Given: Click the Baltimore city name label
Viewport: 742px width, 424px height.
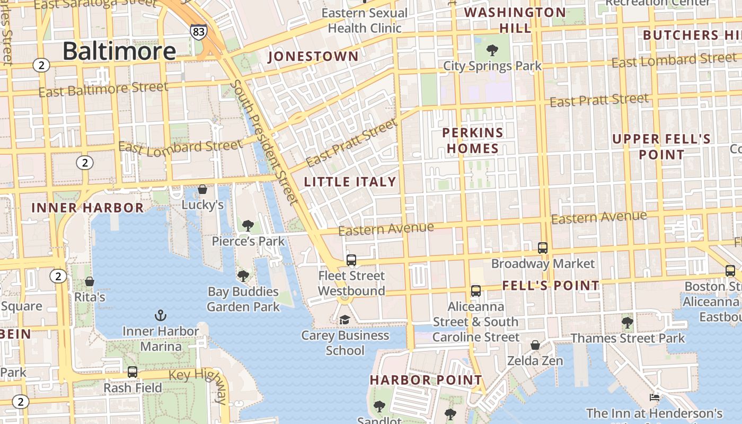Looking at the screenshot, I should click(x=119, y=51).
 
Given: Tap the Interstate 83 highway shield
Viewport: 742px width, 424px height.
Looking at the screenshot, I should click(x=198, y=32).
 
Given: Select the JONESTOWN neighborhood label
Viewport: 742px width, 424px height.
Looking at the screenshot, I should click(x=314, y=56).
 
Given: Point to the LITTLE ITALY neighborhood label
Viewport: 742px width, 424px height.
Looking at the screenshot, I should click(x=350, y=182).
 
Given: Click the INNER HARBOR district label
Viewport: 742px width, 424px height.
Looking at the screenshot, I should click(x=87, y=208).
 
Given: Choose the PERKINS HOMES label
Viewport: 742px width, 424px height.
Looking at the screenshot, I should click(x=473, y=140).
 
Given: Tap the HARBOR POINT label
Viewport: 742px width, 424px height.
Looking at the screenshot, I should click(x=426, y=380).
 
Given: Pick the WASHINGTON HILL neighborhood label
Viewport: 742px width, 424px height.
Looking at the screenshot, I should click(x=515, y=20).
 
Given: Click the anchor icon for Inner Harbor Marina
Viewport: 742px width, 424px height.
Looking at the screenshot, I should click(x=160, y=316).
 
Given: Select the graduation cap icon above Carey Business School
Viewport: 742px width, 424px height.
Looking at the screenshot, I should click(x=345, y=320).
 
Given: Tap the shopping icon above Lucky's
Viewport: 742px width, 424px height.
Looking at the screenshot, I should click(x=202, y=189).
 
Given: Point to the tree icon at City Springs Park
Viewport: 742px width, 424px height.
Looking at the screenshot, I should click(x=492, y=51).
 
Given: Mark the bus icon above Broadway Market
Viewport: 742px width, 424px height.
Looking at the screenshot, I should click(x=543, y=248).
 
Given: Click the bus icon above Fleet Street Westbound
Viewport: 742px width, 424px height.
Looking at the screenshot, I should click(x=351, y=260).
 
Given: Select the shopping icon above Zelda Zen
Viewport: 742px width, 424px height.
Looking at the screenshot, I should click(x=535, y=346).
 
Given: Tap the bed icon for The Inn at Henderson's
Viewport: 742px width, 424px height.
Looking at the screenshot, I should click(x=655, y=397).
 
